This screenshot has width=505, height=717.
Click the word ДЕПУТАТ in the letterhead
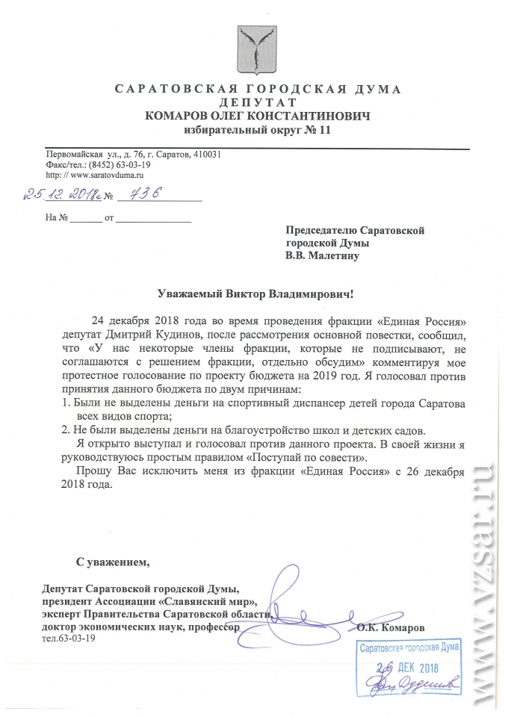(258, 102)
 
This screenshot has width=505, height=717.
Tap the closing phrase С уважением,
(113, 561)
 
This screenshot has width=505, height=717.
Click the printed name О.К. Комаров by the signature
(391, 627)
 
